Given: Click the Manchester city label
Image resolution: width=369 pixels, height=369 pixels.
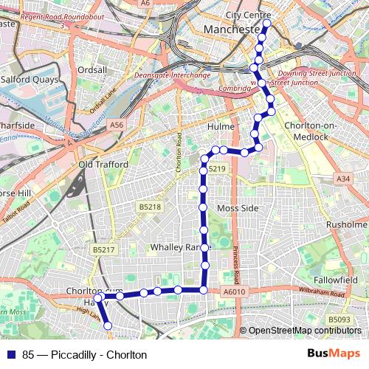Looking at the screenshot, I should pyautogui.click(x=228, y=30).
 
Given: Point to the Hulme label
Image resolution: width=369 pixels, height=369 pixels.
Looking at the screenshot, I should pyautogui.click(x=221, y=127).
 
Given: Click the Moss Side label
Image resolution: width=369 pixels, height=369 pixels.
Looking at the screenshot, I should pyautogui.click(x=238, y=208).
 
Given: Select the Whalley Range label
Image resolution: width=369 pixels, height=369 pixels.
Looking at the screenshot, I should pyautogui.click(x=175, y=246).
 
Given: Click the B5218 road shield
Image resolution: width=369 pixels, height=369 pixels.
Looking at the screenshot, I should pyautogui.click(x=149, y=208).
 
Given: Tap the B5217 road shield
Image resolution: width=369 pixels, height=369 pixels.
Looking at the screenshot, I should pyautogui.click(x=104, y=250).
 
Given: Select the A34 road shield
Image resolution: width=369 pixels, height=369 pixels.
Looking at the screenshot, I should pyautogui.click(x=342, y=179).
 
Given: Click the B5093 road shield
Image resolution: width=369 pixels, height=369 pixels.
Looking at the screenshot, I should pyautogui.click(x=340, y=319).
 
